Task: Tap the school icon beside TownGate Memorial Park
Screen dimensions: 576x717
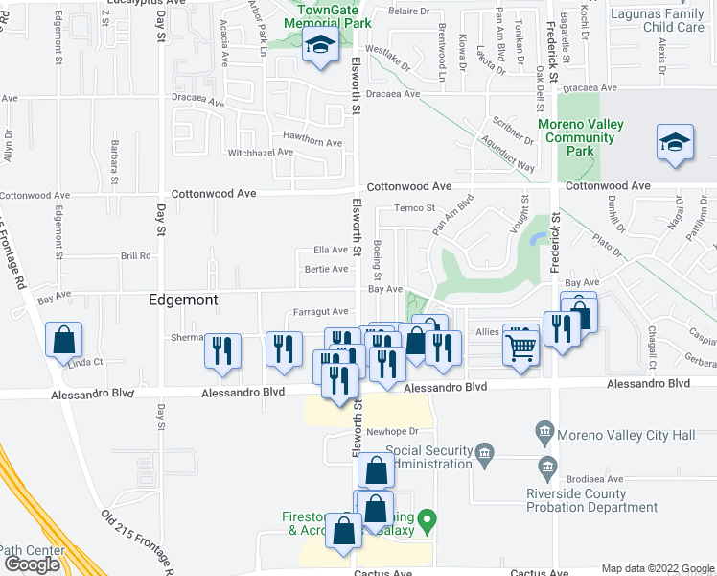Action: (x=319, y=45)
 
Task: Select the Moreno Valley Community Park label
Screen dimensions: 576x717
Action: (x=580, y=137)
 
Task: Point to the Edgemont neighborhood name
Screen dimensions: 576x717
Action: (x=183, y=300)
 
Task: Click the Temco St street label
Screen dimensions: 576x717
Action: (x=417, y=207)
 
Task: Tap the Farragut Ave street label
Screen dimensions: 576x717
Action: (x=320, y=311)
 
